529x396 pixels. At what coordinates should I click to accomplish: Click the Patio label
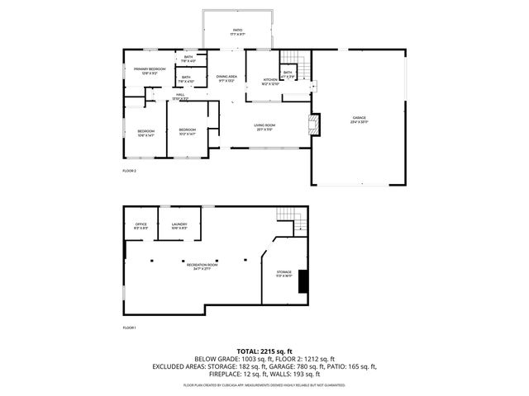(x=238, y=31)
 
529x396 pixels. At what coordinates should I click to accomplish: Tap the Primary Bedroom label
(x=150, y=70)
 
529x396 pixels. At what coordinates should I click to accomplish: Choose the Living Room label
(x=264, y=126)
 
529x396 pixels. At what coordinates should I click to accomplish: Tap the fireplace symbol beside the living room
(x=312, y=124)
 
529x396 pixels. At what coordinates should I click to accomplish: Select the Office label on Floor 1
(x=141, y=225)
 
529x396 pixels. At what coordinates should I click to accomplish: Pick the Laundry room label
(x=179, y=225)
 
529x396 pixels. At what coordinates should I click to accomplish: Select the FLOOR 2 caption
(x=129, y=171)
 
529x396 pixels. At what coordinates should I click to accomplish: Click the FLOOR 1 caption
(x=129, y=328)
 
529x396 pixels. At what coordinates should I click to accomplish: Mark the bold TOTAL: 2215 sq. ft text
(x=264, y=351)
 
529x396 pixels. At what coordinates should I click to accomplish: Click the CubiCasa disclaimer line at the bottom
(x=264, y=384)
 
